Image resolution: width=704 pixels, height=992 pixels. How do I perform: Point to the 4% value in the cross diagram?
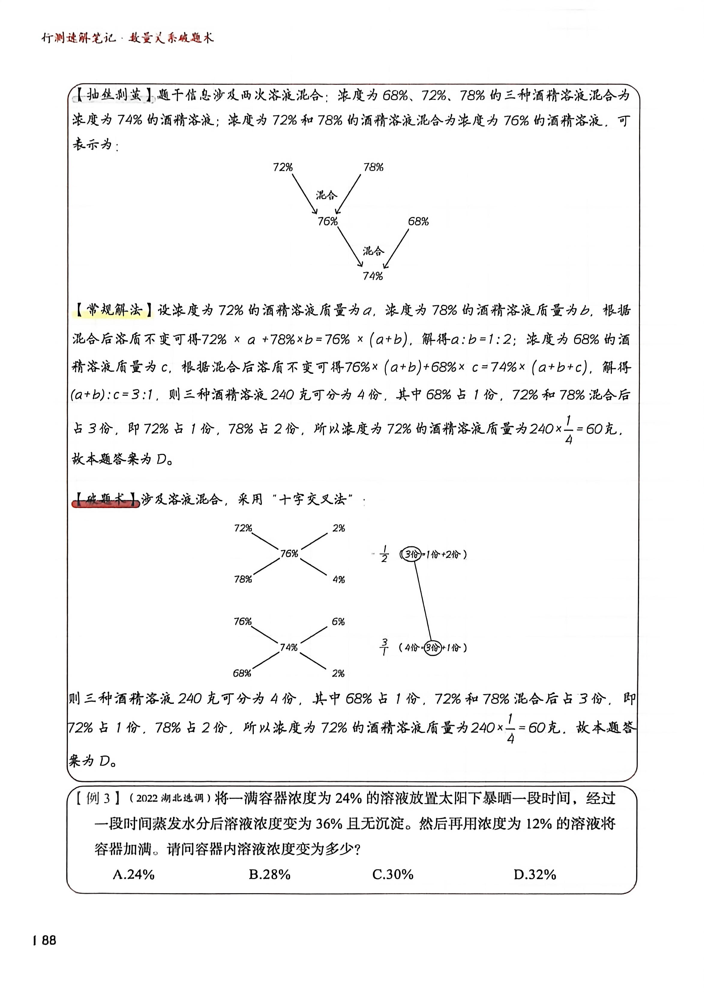pos(339,579)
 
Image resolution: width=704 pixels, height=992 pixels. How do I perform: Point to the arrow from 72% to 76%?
pos(305,194)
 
